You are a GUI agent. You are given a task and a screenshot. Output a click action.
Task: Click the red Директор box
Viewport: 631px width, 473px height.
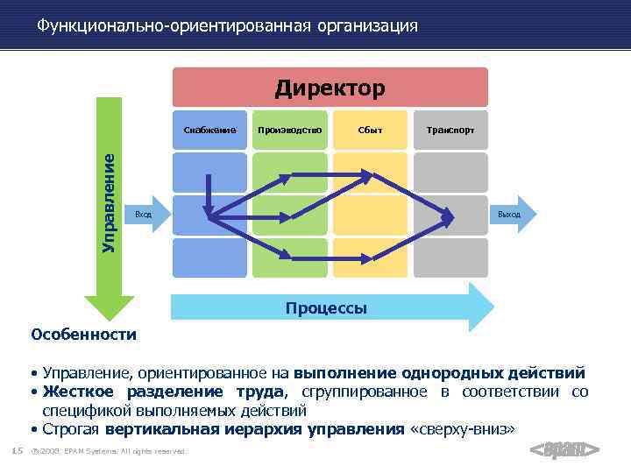tap(330, 88)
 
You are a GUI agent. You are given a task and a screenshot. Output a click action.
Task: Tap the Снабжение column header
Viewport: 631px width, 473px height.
tap(210, 130)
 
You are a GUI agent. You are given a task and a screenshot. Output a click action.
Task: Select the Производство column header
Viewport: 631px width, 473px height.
tap(289, 130)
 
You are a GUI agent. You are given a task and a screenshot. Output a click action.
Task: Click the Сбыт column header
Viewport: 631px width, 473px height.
tap(370, 130)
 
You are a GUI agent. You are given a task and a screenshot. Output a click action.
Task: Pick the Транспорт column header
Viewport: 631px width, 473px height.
tap(450, 130)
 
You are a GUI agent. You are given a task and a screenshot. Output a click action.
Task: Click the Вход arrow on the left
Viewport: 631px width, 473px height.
tap(145, 215)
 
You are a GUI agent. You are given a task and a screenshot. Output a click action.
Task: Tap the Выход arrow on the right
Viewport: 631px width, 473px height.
tap(509, 215)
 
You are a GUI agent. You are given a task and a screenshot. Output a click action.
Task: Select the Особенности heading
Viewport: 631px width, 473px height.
tap(83, 334)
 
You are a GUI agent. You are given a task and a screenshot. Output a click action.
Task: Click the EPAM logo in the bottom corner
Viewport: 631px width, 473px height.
tap(565, 450)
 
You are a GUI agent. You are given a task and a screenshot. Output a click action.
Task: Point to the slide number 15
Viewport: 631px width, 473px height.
tap(16, 451)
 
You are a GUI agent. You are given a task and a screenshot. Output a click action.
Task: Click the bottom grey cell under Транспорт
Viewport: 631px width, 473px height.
tap(450, 258)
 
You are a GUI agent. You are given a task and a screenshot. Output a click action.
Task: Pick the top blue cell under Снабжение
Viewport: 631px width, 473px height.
tap(210, 173)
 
